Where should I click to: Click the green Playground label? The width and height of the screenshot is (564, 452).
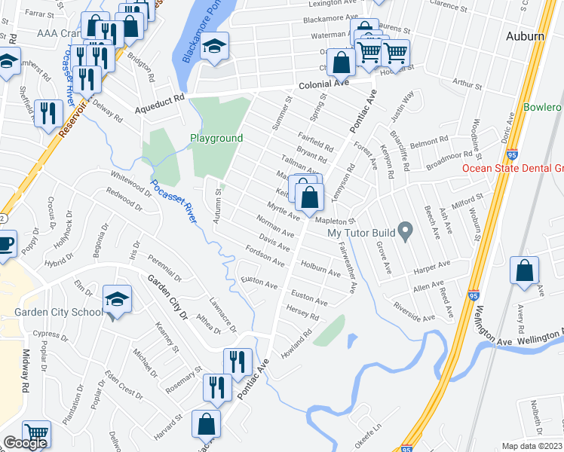pos(216,139)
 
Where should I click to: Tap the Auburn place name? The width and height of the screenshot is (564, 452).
pos(525,35)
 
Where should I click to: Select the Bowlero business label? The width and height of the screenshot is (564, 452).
pos(542,108)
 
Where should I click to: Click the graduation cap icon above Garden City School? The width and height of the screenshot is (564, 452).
pos(117,300)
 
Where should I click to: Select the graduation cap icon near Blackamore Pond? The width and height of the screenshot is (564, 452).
pos(215,46)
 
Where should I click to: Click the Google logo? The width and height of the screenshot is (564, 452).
pos(25,443)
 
